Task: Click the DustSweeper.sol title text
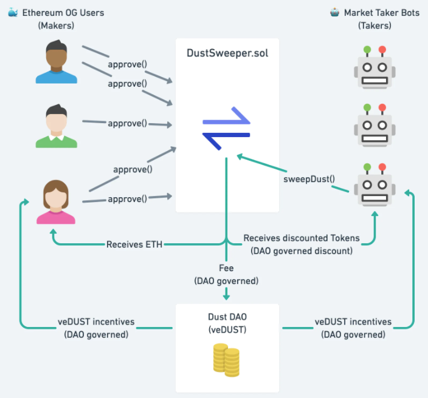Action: click(227, 53)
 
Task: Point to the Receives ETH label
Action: click(134, 245)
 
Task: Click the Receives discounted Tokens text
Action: click(302, 238)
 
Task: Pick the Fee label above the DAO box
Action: click(226, 267)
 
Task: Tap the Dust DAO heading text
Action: click(226, 317)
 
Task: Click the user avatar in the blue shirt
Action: click(57, 62)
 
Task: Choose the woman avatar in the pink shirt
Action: click(57, 202)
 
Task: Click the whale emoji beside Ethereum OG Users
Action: click(13, 12)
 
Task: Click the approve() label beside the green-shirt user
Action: click(127, 123)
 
